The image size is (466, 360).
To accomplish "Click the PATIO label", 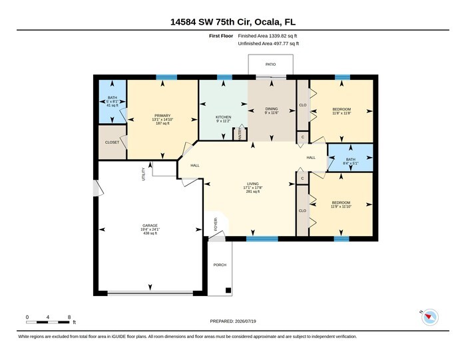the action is [x=270, y=64].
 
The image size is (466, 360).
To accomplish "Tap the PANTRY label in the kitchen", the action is [x=240, y=133].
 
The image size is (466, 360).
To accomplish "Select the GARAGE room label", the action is [x=150, y=226].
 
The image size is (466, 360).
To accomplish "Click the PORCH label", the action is [x=220, y=265].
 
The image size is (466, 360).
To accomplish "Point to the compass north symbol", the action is [x=430, y=317].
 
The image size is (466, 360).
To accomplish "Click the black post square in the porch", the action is [x=228, y=291].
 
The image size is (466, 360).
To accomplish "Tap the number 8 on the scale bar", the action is [x=69, y=317].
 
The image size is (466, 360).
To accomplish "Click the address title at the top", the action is [x=233, y=22].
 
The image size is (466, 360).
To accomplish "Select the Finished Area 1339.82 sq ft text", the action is [x=268, y=36].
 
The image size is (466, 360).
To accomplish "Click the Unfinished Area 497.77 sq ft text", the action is [x=268, y=44].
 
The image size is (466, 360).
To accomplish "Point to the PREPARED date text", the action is [x=233, y=321].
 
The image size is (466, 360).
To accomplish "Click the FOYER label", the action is [x=216, y=224].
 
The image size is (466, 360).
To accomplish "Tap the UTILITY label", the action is [x=144, y=174].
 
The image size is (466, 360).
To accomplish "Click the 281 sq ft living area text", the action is [x=253, y=192].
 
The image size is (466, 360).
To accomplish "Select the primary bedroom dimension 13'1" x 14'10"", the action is [x=162, y=119].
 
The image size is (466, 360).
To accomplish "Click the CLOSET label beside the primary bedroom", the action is [x=112, y=142].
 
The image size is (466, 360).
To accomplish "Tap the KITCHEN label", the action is [x=224, y=117].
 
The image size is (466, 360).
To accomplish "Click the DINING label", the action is [x=272, y=108].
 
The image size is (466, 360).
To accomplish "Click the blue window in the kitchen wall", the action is [x=225, y=77].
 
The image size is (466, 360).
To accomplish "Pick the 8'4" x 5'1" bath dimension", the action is [x=351, y=163].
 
